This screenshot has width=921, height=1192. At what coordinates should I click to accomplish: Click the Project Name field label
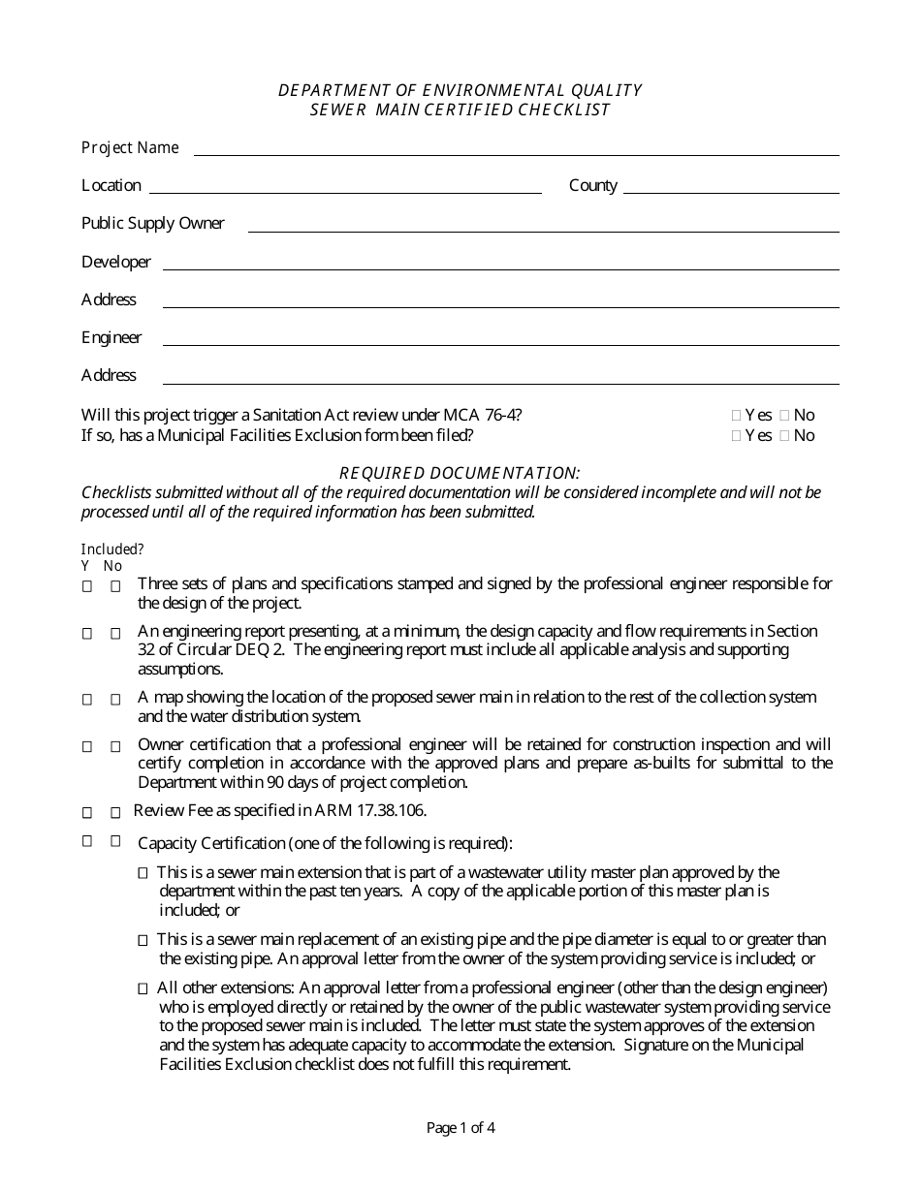(130, 147)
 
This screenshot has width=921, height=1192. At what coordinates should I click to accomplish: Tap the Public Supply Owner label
(152, 224)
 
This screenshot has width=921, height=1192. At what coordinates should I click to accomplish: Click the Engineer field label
(111, 337)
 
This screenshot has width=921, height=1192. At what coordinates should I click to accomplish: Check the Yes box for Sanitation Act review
(736, 416)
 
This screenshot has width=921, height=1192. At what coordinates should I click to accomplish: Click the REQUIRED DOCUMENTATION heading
(460, 473)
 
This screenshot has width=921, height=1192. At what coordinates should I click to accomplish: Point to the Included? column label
(112, 549)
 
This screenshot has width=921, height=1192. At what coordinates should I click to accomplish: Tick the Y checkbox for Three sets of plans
(87, 586)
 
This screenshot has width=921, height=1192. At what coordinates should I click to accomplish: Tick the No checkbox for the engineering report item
(115, 633)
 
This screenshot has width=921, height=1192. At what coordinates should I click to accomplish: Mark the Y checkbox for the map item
(87, 699)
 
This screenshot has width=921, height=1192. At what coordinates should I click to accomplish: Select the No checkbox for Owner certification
(115, 746)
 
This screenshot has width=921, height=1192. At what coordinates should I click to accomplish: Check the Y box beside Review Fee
(87, 812)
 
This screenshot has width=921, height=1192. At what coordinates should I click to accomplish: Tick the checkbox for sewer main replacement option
(143, 940)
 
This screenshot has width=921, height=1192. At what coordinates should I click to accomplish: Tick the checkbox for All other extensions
(143, 988)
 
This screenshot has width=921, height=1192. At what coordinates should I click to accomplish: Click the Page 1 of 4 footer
(460, 1127)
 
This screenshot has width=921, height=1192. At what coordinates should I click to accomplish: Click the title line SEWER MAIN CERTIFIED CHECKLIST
(460, 110)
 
